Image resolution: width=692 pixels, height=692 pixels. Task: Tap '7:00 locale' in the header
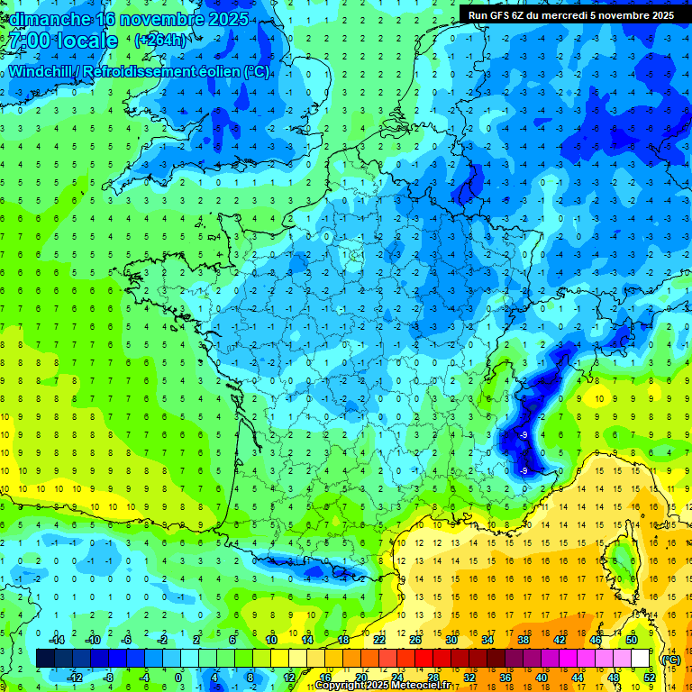click(x=61, y=41)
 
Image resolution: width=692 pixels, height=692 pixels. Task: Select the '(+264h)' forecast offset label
click(x=162, y=41)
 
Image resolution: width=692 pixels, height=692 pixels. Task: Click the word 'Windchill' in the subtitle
click(x=42, y=72)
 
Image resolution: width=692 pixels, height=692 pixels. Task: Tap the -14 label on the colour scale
click(x=56, y=640)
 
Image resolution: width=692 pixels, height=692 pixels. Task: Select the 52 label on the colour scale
click(x=649, y=678)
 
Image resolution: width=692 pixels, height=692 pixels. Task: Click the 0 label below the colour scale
click(x=178, y=678)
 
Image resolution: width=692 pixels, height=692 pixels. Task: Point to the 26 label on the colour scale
click(x=415, y=640)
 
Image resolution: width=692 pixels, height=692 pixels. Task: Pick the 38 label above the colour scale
click(x=524, y=640)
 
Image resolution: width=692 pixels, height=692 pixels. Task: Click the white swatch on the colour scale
click(x=640, y=659)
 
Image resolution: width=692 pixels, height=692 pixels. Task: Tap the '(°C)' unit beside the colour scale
click(x=670, y=659)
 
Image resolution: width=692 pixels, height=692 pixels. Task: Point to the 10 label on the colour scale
click(x=271, y=640)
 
